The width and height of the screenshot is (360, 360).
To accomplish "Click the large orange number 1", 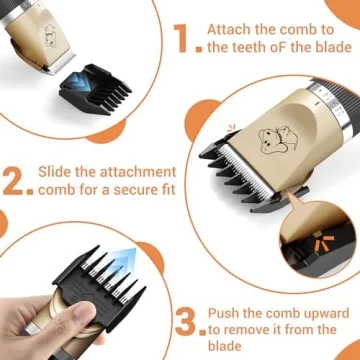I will coord(180,39).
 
